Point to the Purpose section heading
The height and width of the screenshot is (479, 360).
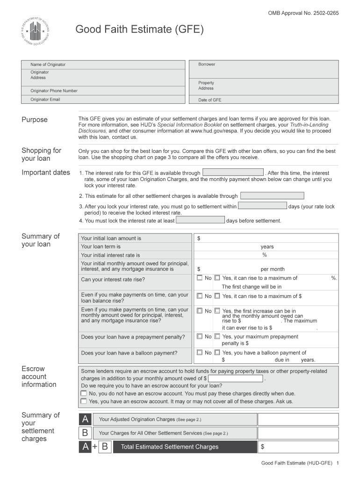point(35,120)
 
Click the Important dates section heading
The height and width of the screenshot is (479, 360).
point(46,173)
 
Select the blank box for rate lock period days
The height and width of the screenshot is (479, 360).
point(262,206)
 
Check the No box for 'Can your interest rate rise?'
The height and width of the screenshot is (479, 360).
point(200,278)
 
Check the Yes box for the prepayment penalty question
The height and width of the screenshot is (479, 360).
point(217,336)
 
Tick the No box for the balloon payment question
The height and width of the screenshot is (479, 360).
point(200,353)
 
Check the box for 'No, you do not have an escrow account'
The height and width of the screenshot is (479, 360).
point(84,393)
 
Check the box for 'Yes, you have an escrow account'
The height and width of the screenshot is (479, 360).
point(84,401)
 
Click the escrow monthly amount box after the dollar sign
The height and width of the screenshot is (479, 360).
point(236,378)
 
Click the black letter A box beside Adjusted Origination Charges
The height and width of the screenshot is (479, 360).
point(85,420)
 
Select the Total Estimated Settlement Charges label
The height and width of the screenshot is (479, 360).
point(170,447)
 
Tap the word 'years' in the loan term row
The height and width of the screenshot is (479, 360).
point(267,247)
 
